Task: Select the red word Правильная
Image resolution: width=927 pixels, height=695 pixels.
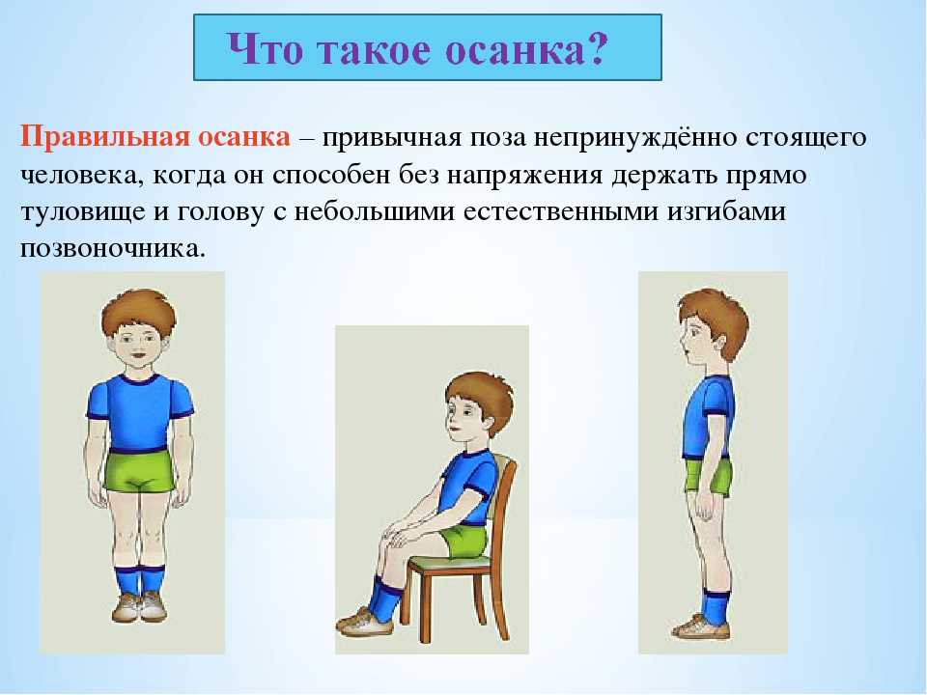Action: coord(105,138)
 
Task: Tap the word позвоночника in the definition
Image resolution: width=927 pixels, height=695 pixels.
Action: coord(113,248)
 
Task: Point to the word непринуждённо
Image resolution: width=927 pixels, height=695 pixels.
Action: coord(634,138)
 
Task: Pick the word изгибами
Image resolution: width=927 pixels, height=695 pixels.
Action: coord(726,210)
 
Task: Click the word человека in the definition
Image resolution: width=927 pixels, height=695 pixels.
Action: coord(82,176)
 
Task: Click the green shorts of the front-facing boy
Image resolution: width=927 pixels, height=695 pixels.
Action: coord(139,470)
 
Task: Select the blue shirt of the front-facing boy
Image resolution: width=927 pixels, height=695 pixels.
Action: coord(139,412)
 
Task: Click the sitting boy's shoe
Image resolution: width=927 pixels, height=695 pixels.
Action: coord(365,622)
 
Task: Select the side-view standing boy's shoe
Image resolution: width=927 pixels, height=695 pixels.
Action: coord(701,627)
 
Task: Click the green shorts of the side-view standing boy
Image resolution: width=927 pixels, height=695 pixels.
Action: coord(708,475)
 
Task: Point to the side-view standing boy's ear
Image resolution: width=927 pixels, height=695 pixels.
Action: coord(718,343)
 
